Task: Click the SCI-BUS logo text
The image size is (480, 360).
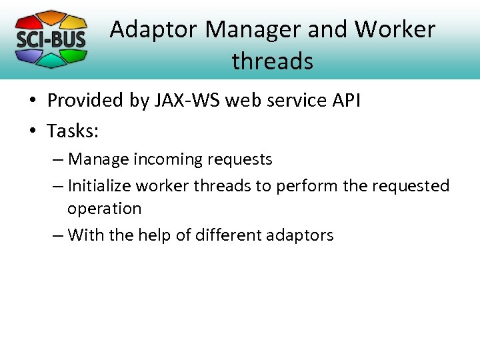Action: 51,39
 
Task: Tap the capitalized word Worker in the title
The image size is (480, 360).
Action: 395,29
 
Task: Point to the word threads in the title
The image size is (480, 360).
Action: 272,61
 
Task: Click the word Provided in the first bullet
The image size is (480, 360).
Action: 85,100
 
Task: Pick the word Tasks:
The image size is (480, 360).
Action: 73,131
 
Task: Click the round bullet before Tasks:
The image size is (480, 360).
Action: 33,131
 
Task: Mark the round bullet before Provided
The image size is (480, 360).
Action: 33,101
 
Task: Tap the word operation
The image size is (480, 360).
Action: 104,209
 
